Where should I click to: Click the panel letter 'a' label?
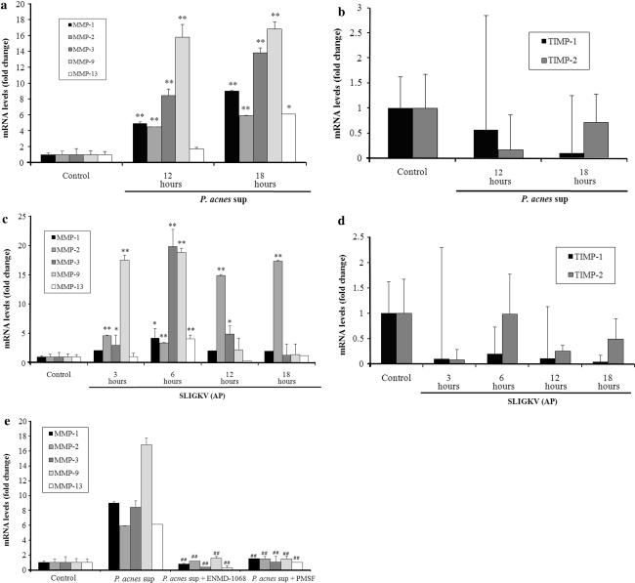pyautogui.click(x=5, y=8)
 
